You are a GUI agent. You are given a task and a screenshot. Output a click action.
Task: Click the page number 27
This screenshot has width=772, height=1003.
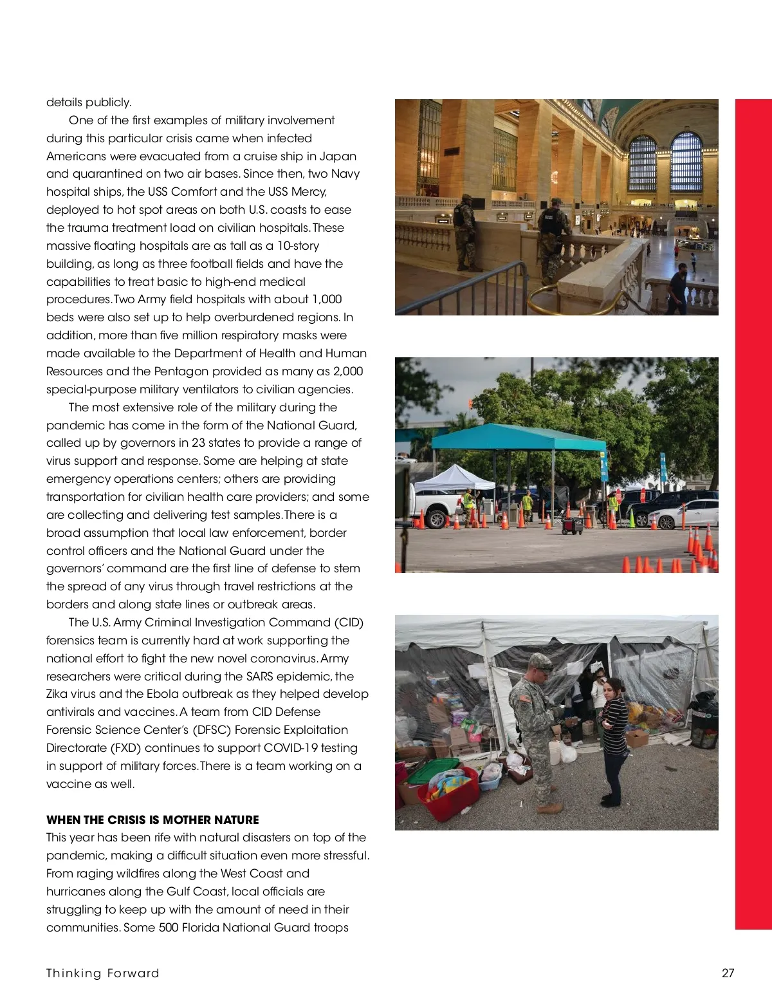pyautogui.click(x=728, y=973)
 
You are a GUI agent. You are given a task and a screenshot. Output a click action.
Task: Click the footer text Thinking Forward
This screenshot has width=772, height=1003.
pyautogui.click(x=102, y=973)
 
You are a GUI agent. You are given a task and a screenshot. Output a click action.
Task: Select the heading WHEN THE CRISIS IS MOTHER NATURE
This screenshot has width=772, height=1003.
pyautogui.click(x=152, y=820)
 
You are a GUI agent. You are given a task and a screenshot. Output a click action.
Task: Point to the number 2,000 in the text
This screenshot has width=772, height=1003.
pyautogui.click(x=348, y=371)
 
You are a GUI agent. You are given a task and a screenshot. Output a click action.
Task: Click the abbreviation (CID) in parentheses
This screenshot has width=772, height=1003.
pyautogui.click(x=349, y=623)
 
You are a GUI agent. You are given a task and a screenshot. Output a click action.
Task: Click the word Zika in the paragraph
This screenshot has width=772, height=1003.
pyautogui.click(x=59, y=694)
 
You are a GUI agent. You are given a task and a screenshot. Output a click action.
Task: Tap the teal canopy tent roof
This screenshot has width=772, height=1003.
pyautogui.click(x=518, y=438)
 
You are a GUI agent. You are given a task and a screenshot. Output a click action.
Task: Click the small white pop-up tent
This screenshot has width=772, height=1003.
pyautogui.click(x=454, y=478)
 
